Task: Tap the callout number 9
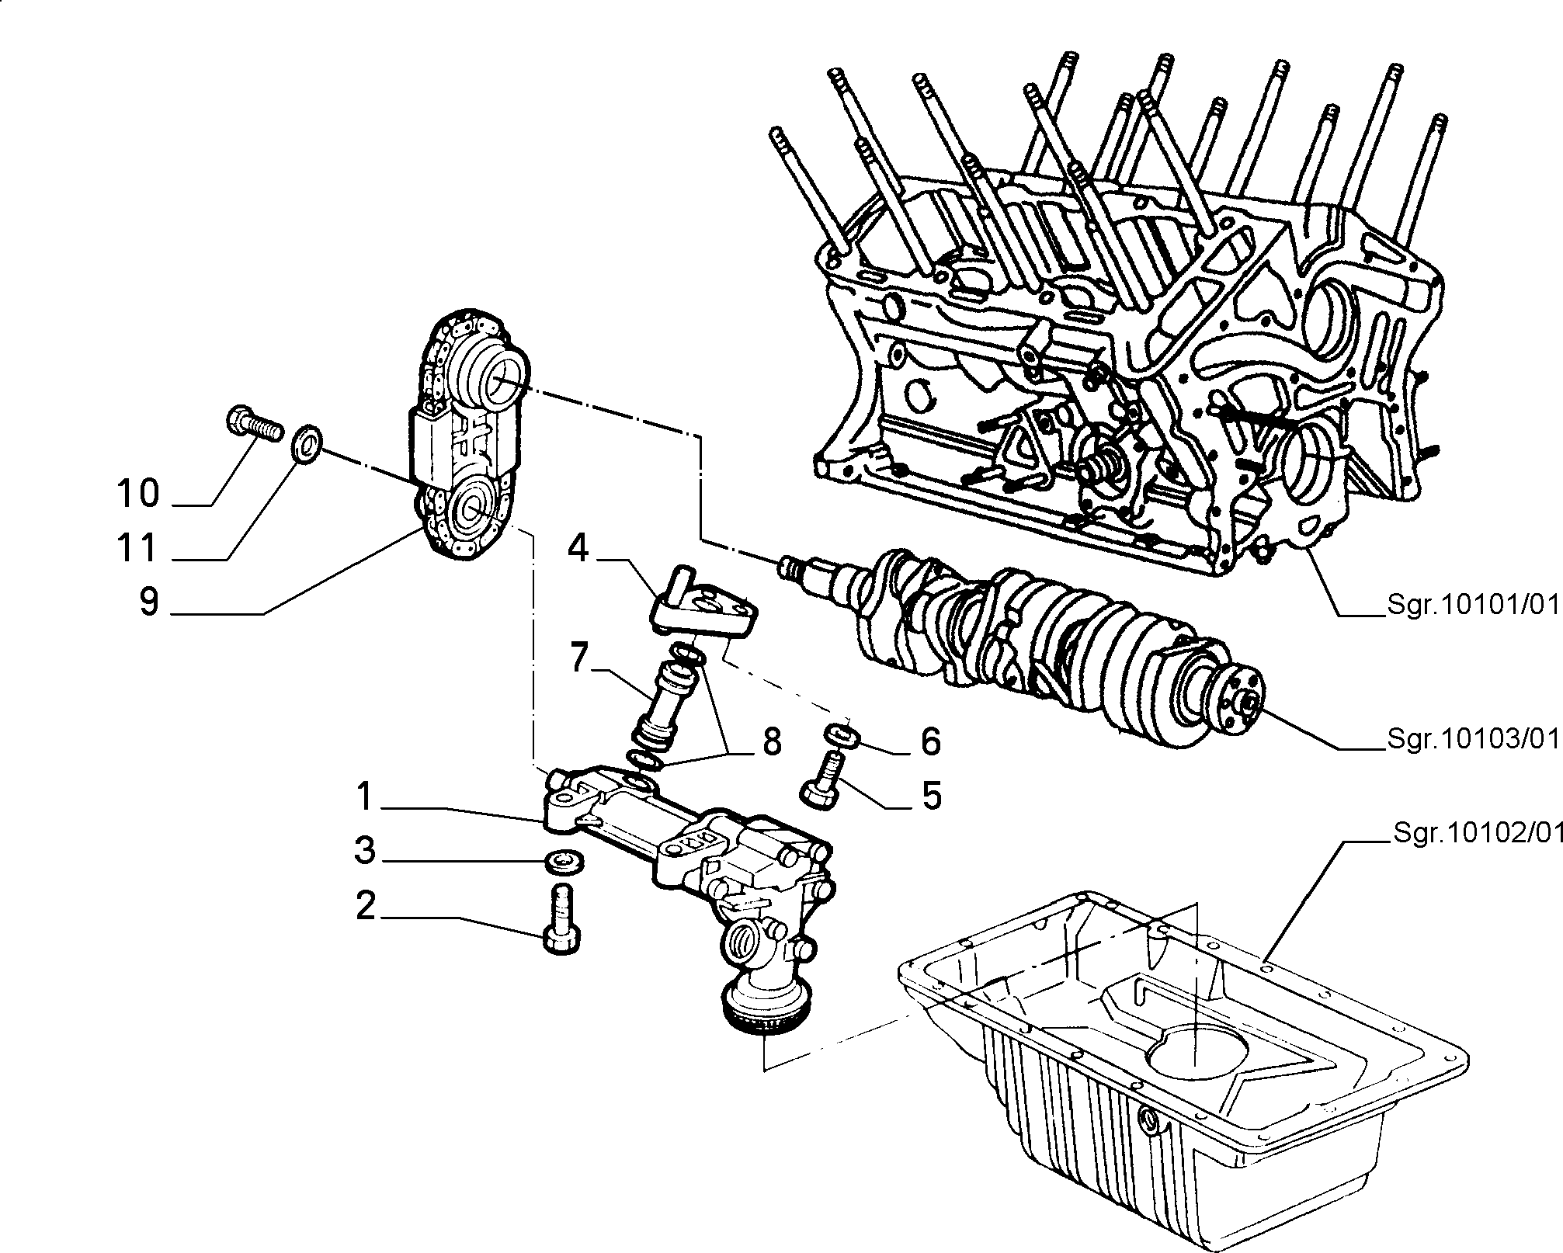click(148, 602)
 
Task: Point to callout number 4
click(578, 549)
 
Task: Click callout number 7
click(579, 658)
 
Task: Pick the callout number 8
click(771, 743)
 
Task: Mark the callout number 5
click(930, 796)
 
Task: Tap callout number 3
click(365, 851)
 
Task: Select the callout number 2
click(366, 905)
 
